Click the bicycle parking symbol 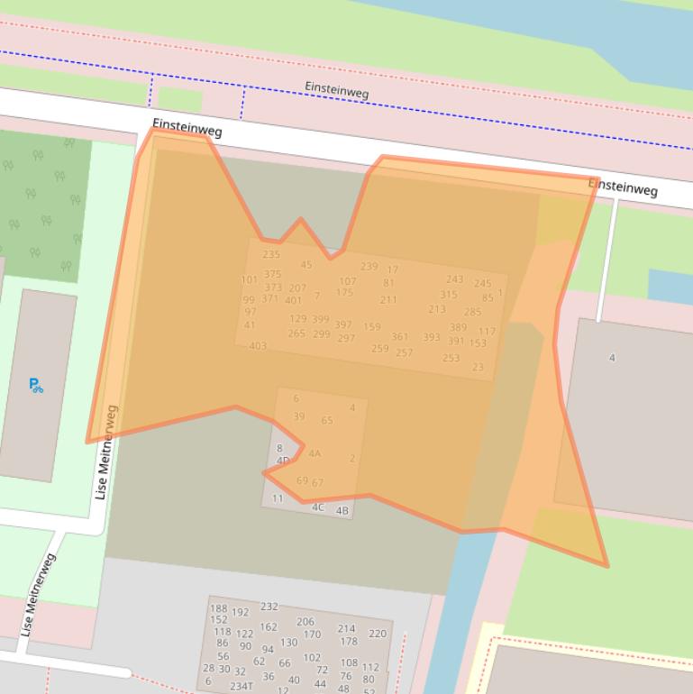[36, 386]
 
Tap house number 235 [271, 254]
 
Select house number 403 [258, 346]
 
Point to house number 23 [478, 367]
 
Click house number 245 [483, 284]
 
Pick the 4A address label [315, 454]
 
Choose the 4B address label [342, 511]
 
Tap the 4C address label [318, 507]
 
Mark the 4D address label [283, 461]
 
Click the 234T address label [241, 686]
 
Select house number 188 [218, 609]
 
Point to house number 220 [378, 634]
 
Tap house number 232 [269, 607]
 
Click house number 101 [249, 280]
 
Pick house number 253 [451, 358]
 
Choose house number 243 [454, 279]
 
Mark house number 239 [369, 267]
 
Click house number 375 [272, 274]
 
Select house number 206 [305, 622]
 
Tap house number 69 [302, 481]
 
